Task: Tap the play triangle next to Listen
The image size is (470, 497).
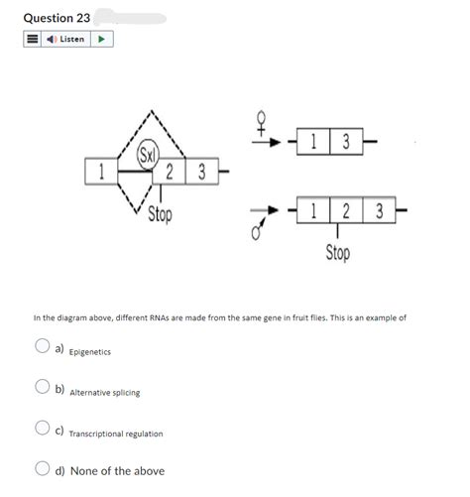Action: [x=102, y=40]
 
